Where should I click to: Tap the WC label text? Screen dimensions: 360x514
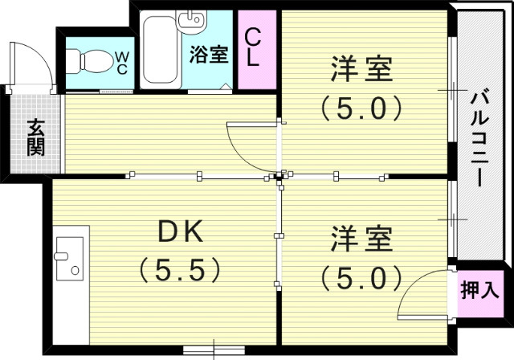tap(121, 62)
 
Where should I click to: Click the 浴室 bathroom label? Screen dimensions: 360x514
tap(209, 55)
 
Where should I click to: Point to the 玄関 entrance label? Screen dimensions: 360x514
tap(35, 137)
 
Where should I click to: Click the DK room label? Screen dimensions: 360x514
tap(181, 232)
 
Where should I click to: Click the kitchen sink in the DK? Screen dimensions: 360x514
tap(70, 257)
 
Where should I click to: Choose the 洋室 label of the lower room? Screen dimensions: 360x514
tap(362, 239)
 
